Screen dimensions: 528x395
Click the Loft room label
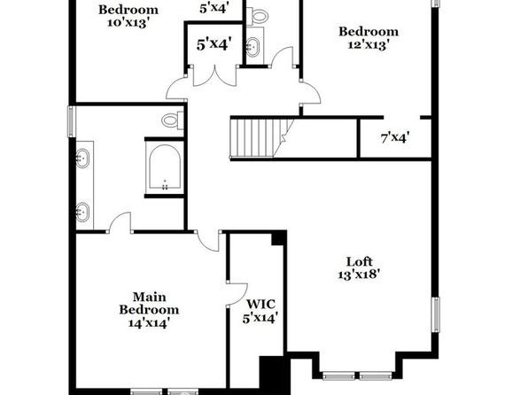click(x=360, y=261)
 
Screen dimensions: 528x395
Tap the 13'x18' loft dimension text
click(x=359, y=275)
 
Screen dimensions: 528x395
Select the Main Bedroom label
click(x=149, y=304)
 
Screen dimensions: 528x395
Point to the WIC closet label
click(x=260, y=304)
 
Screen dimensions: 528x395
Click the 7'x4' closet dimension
click(x=395, y=137)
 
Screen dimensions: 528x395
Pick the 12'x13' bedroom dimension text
click(x=369, y=44)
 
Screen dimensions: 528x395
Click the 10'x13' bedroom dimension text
click(x=128, y=23)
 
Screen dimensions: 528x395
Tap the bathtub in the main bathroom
click(x=165, y=167)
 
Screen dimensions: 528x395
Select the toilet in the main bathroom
click(x=173, y=120)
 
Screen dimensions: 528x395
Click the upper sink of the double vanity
click(x=82, y=159)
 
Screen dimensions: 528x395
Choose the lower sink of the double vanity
click(x=82, y=213)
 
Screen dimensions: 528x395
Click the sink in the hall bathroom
click(x=252, y=47)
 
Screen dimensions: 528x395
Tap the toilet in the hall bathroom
click(x=258, y=15)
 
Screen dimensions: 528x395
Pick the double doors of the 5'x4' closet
click(x=215, y=76)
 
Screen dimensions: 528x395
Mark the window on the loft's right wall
click(x=436, y=315)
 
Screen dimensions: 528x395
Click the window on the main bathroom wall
click(x=72, y=121)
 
